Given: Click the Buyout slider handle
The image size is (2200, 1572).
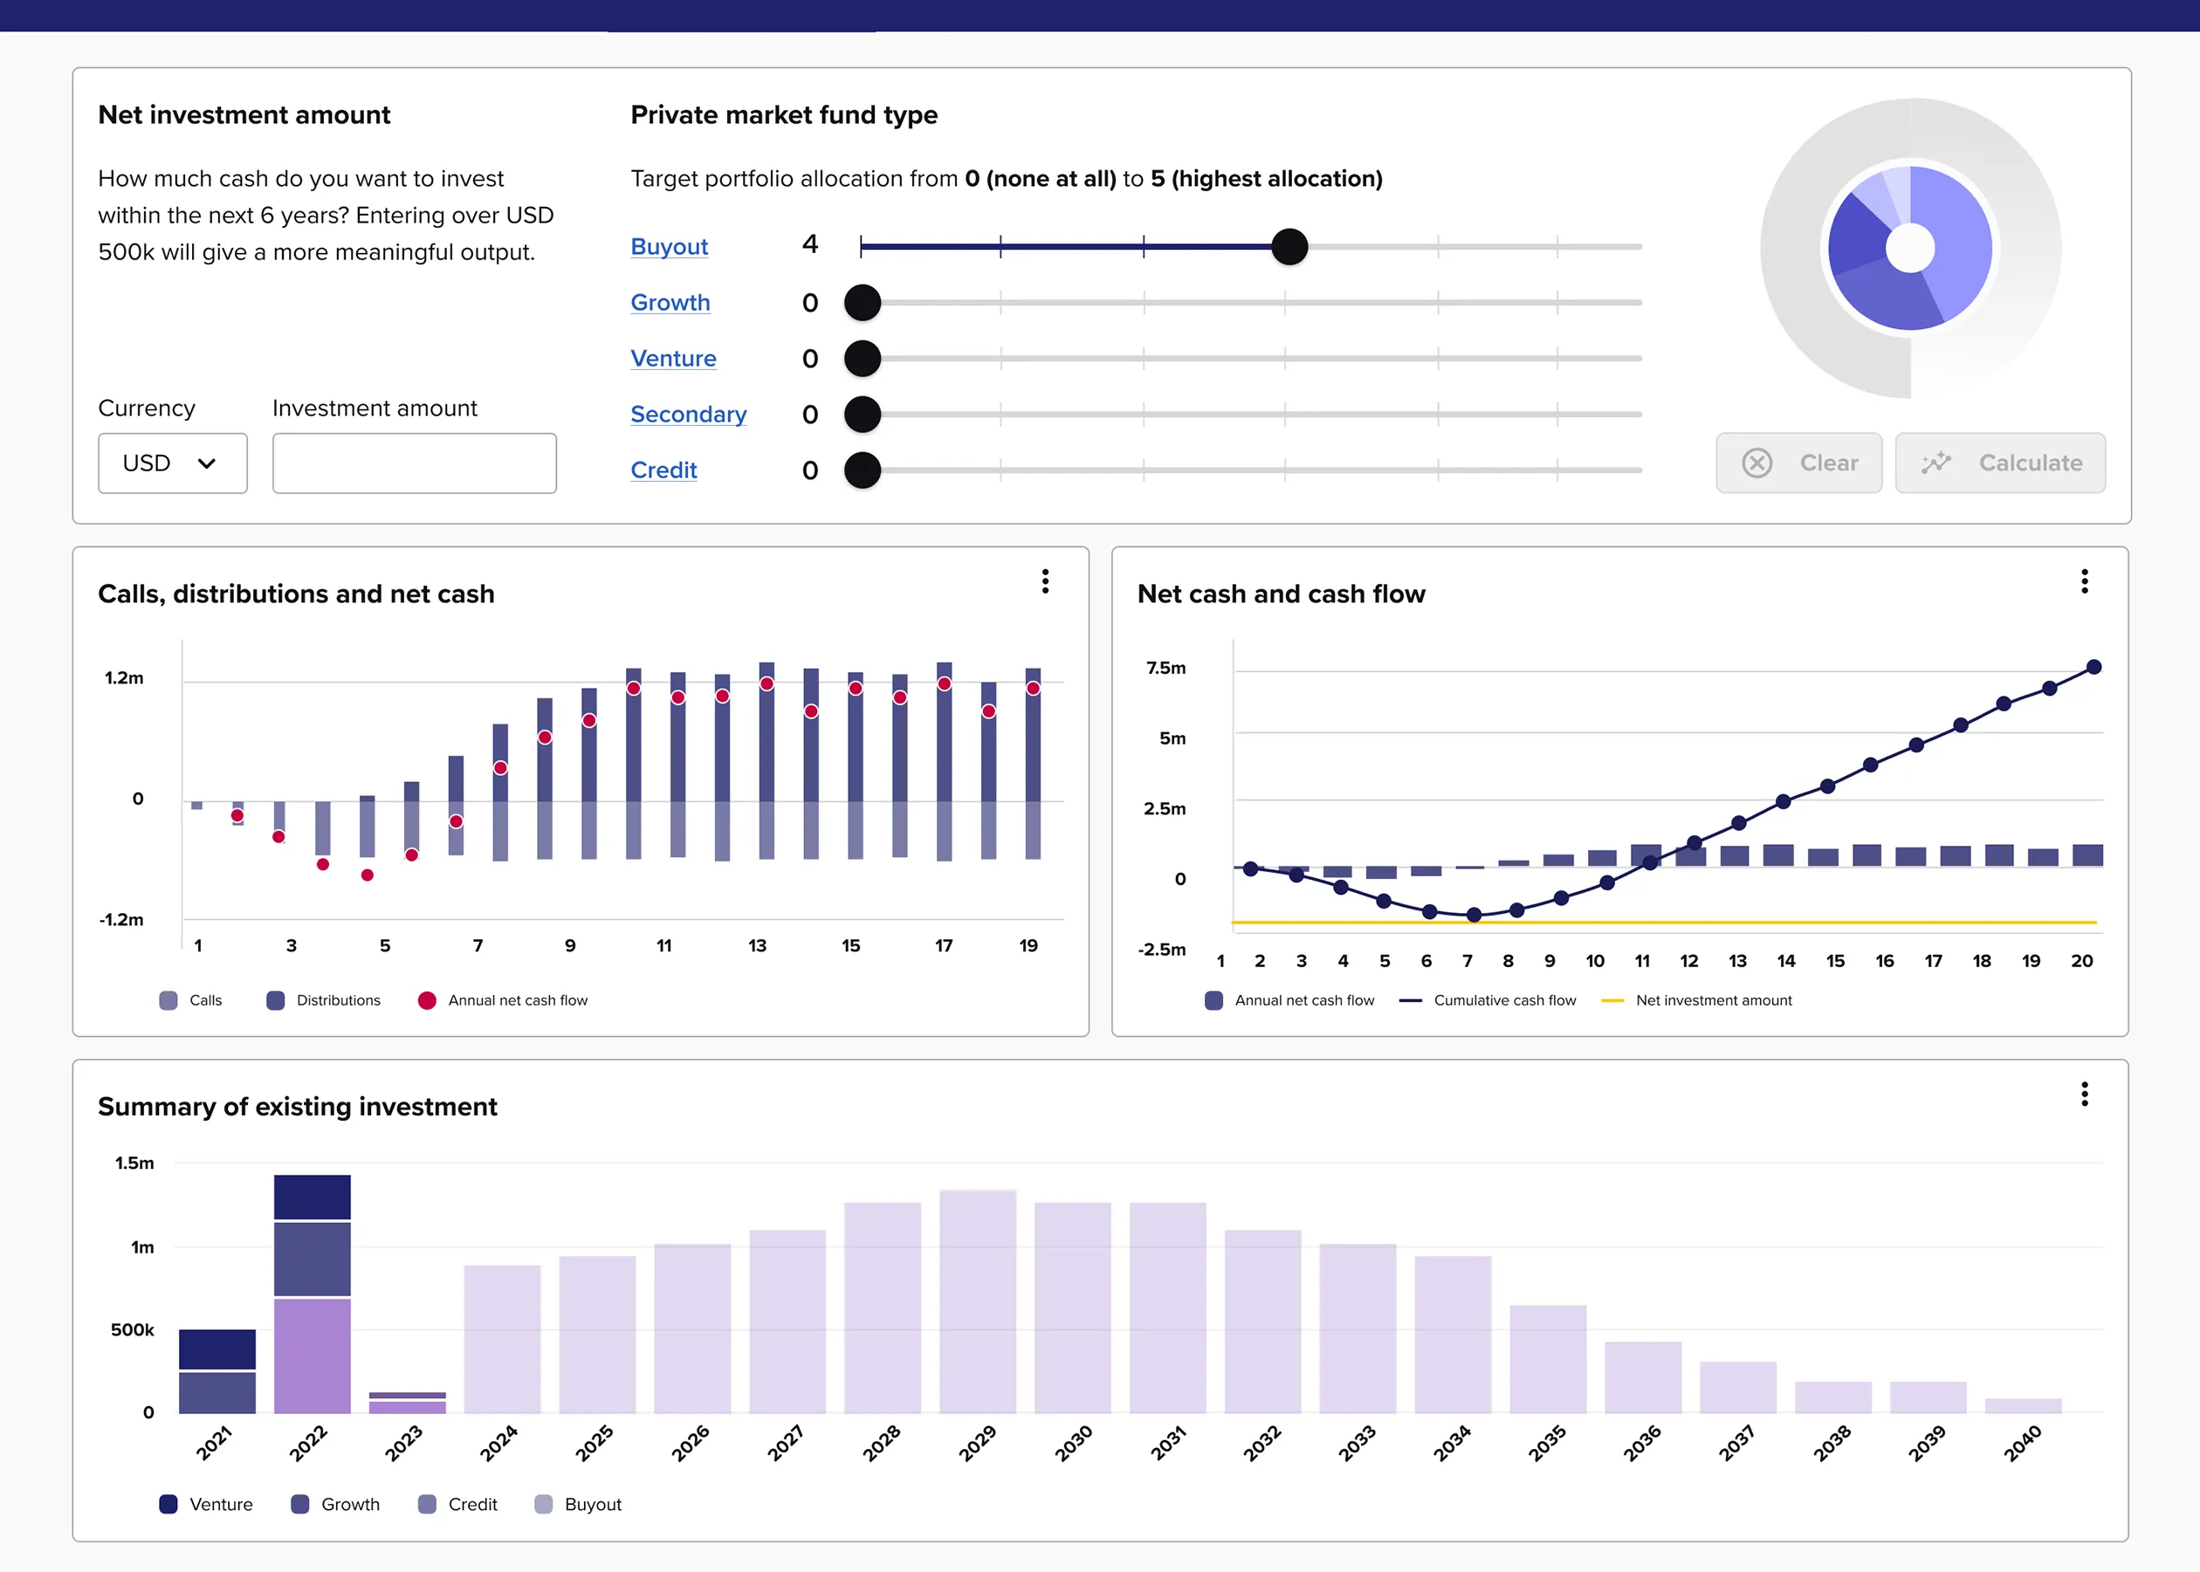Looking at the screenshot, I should pos(1289,247).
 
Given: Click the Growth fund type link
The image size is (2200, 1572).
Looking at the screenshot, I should pos(670,303).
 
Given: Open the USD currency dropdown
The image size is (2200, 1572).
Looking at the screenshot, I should pos(172,463).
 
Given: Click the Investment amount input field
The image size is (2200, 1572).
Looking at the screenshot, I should pos(415,463).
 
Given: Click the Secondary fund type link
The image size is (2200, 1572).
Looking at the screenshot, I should pos(688,415).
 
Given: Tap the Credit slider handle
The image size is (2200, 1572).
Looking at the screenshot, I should pos(862,470).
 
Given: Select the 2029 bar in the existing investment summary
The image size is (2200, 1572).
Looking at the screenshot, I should pos(977,1302).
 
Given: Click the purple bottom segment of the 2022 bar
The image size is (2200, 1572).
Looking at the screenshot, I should pos(312,1356).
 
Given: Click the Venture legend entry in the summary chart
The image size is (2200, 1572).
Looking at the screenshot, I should pos(206,1504).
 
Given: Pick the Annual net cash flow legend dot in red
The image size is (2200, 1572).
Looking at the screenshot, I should pos(427,1001).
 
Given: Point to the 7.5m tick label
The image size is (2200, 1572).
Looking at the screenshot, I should pos(1165,668).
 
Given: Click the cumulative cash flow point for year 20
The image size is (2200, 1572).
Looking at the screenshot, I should pos(2093,667).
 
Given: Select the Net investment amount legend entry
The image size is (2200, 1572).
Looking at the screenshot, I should pos(1696,1001).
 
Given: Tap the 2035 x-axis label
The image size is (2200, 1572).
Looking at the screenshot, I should pos(1547,1442).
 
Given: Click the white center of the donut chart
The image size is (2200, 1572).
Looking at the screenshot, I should pos(1909,249).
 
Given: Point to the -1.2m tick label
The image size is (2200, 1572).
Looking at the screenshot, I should pos(121,920).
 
